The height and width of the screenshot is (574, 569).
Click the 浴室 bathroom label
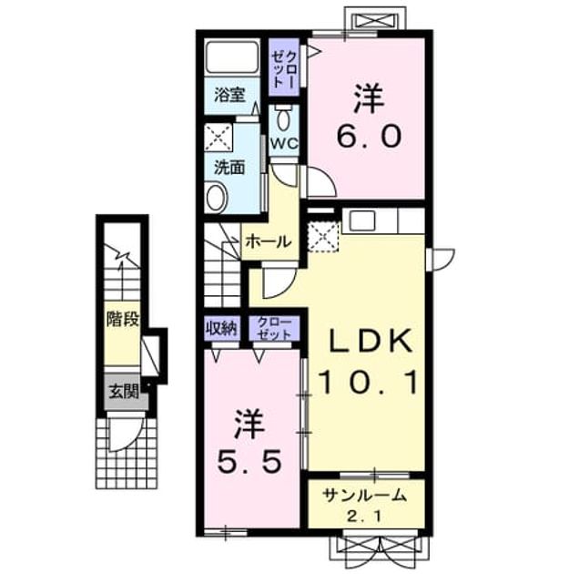pyautogui.click(x=229, y=95)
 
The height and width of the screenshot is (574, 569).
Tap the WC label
pyautogui.click(x=284, y=143)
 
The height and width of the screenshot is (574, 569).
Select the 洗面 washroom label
pyautogui.click(x=229, y=168)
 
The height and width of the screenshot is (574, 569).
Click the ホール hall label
pyautogui.click(x=269, y=241)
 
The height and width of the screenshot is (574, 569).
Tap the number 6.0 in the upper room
pyautogui.click(x=369, y=136)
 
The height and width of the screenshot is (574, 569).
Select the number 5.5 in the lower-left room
pyautogui.click(x=249, y=460)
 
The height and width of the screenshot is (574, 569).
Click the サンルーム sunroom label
pyautogui.click(x=364, y=496)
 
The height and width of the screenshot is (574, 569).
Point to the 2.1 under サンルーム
pyautogui.click(x=364, y=517)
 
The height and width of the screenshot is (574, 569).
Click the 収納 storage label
pyautogui.click(x=222, y=328)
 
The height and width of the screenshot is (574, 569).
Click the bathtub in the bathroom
pyautogui.click(x=232, y=57)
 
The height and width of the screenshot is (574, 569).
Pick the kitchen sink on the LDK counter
pyautogui.click(x=362, y=220)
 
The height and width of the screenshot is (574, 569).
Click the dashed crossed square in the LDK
pyautogui.click(x=323, y=237)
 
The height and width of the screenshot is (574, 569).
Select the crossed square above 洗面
pyautogui.click(x=218, y=138)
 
